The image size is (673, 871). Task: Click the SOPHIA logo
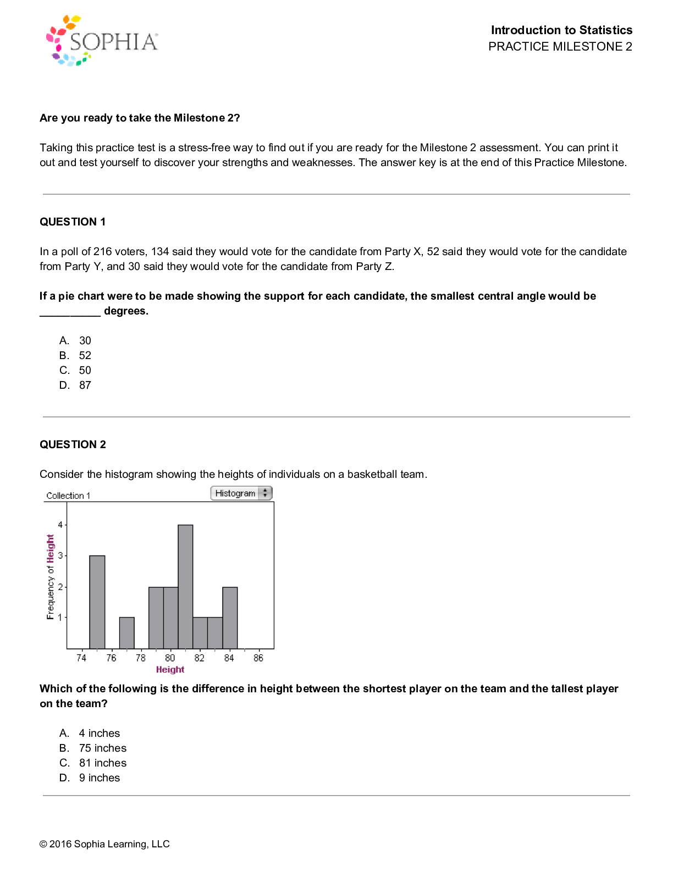tap(102, 41)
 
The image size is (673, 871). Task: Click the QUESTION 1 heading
tap(73, 222)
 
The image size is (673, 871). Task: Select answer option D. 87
tap(75, 385)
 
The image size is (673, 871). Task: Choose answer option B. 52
tap(75, 355)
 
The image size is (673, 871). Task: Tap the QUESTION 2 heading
tap(73, 444)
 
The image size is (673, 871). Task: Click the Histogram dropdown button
tap(241, 493)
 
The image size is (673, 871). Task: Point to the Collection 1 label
tap(68, 495)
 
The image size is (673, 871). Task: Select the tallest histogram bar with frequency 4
tap(185, 586)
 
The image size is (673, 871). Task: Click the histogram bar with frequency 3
tap(97, 602)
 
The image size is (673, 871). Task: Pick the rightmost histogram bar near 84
tap(230, 618)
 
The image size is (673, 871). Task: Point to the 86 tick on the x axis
tap(258, 658)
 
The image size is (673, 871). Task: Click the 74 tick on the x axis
tap(81, 658)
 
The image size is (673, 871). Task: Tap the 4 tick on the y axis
tap(60, 525)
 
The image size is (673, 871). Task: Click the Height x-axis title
tap(170, 669)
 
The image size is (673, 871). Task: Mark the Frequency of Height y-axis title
tap(51, 577)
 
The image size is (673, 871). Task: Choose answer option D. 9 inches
tap(90, 778)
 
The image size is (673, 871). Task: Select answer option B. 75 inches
tap(93, 748)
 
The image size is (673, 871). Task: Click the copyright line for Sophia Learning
tap(104, 844)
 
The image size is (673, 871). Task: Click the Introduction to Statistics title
tap(561, 30)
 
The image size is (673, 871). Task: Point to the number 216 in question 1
tap(102, 251)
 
